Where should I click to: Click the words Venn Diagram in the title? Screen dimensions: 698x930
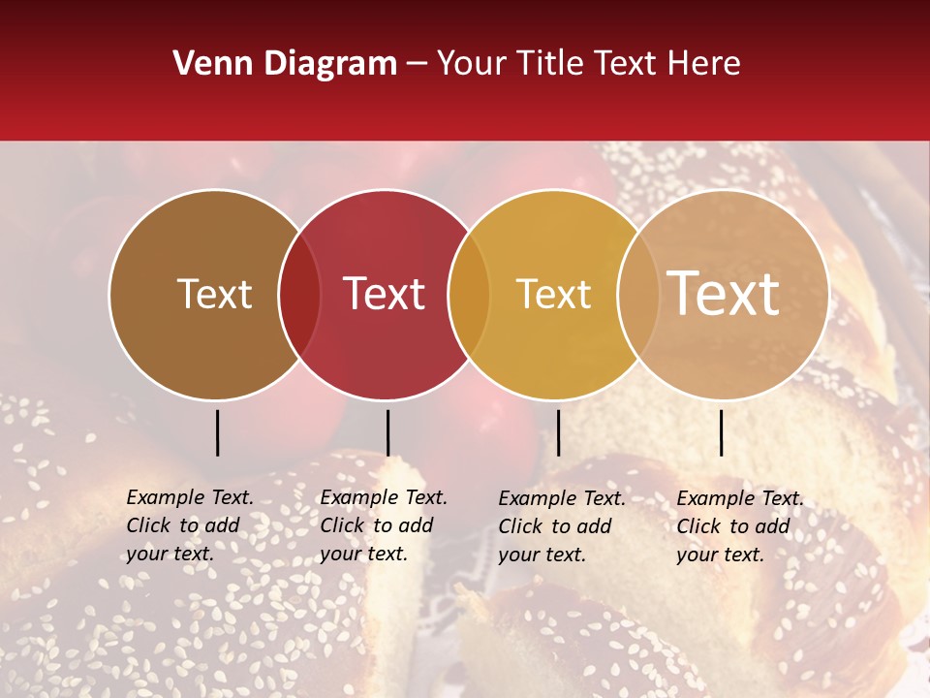285,64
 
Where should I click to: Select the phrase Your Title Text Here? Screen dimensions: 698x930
589,64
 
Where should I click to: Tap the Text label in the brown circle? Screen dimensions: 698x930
214,294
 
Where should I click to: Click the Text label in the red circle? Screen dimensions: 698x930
385,294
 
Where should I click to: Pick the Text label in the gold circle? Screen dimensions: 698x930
553,294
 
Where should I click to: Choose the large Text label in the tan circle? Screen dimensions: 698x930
724,293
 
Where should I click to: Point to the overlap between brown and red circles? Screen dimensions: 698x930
299,295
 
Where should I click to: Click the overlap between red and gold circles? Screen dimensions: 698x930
469,295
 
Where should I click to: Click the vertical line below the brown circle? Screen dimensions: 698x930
218,432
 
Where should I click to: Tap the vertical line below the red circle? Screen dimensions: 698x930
387,432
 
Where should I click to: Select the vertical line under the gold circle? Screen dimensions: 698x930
559,432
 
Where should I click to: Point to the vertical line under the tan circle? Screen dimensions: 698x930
722,432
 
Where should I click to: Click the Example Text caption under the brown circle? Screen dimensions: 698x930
189,525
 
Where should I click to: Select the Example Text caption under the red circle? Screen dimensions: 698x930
383,525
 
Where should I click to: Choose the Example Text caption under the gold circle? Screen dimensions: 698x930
561,526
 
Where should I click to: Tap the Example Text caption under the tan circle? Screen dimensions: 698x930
739,526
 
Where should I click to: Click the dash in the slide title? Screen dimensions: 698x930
417,65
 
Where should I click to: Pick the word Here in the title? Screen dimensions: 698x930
709,64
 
